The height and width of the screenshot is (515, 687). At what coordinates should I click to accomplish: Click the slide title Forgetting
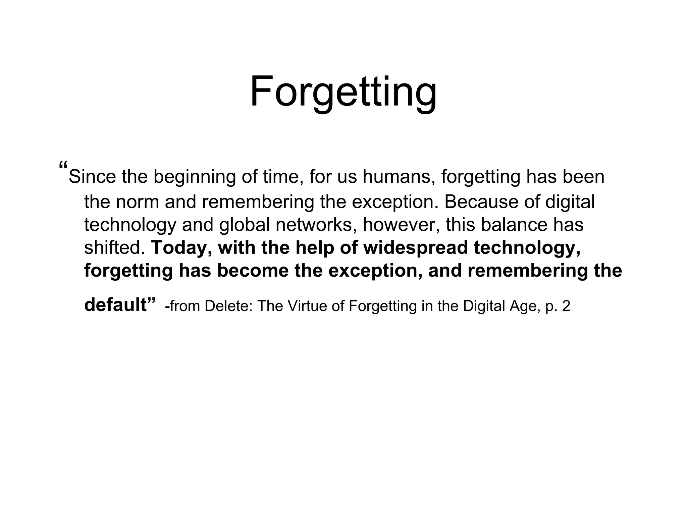coord(343,91)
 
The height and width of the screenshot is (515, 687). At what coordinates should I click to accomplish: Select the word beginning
coord(195,177)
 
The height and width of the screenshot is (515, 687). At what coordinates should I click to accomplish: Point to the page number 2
coord(566,306)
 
